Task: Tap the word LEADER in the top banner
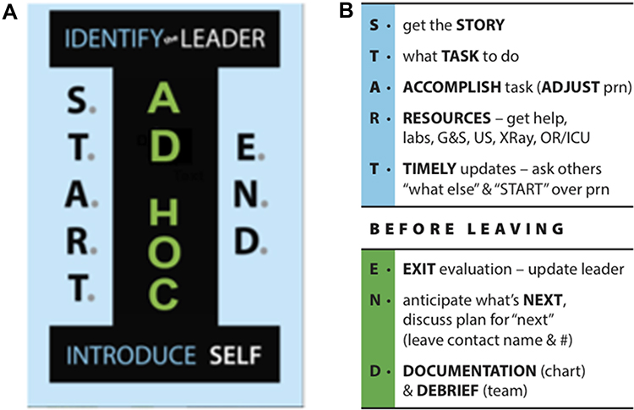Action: (227, 39)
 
